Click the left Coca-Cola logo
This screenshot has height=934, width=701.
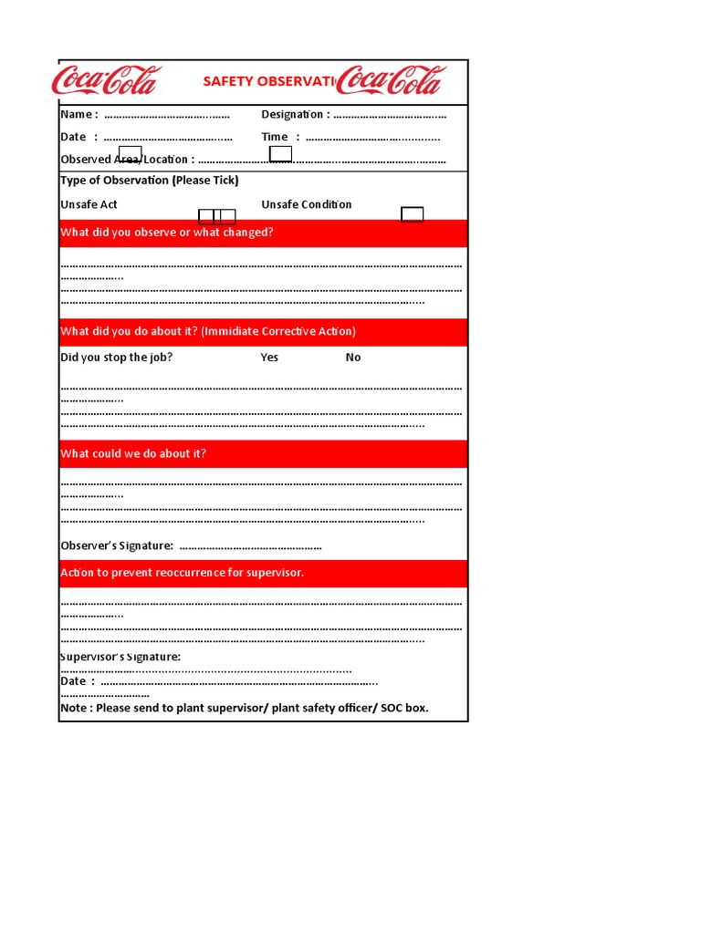tap(106, 81)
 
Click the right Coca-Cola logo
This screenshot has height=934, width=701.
tap(391, 81)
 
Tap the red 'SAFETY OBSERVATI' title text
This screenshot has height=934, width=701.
tap(269, 82)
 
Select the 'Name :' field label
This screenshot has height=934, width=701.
tap(78, 114)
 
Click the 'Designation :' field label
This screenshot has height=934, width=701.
tap(295, 114)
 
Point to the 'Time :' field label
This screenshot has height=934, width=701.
tap(280, 137)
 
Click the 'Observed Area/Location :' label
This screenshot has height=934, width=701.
tap(127, 160)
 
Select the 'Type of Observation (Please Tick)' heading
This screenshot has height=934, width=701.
tap(149, 181)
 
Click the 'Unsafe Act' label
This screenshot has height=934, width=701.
tap(89, 204)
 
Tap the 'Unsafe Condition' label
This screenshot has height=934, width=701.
tap(306, 204)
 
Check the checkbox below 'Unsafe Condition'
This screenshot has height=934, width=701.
tap(413, 214)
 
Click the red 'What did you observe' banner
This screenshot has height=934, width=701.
tap(263, 233)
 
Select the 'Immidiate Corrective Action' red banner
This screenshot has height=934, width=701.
tap(263, 332)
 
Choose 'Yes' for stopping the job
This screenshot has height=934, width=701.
tap(269, 358)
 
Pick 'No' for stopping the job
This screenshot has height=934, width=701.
tap(353, 358)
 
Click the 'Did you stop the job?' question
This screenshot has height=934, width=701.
tap(116, 358)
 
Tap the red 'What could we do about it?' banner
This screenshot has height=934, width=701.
tap(263, 454)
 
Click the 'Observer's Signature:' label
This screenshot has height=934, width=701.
tap(117, 545)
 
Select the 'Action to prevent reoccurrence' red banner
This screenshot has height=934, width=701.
tap(263, 573)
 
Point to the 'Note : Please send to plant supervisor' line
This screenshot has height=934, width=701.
tap(244, 708)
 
